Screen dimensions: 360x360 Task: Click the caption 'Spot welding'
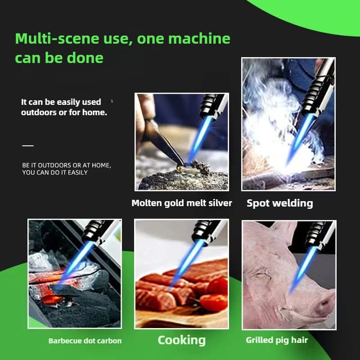(279, 203)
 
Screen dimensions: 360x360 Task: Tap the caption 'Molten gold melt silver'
(182, 203)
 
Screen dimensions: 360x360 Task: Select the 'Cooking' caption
(181, 340)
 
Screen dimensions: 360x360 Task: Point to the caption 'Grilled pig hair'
(277, 340)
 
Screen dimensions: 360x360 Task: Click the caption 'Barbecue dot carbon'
(85, 341)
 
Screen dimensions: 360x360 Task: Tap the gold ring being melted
(185, 168)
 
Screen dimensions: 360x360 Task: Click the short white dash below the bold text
(28, 145)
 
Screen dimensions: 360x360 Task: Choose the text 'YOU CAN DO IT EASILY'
(55, 172)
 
